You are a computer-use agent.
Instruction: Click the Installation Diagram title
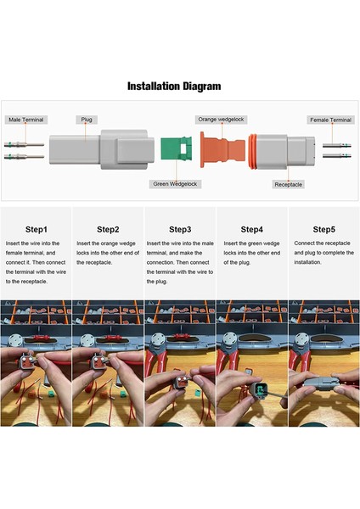click(174, 87)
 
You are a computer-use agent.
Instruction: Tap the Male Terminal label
click(26, 120)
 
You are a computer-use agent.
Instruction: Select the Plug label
click(87, 120)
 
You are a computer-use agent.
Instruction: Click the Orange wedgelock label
click(221, 120)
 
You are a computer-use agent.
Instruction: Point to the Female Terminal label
click(331, 120)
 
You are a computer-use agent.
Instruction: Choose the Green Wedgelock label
click(175, 184)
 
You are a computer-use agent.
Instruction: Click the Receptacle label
click(288, 184)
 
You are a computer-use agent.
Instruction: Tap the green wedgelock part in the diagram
click(176, 148)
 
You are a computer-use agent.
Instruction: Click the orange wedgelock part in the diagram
click(222, 149)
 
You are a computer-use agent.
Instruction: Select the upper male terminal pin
click(24, 144)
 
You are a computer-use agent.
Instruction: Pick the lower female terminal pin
click(337, 156)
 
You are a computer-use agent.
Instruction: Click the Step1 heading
click(37, 230)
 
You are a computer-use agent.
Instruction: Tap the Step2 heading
click(108, 230)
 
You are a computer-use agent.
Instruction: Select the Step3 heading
click(180, 230)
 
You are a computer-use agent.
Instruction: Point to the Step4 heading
click(252, 230)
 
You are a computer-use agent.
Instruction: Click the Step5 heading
click(324, 230)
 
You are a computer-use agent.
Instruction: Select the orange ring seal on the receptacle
click(252, 151)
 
